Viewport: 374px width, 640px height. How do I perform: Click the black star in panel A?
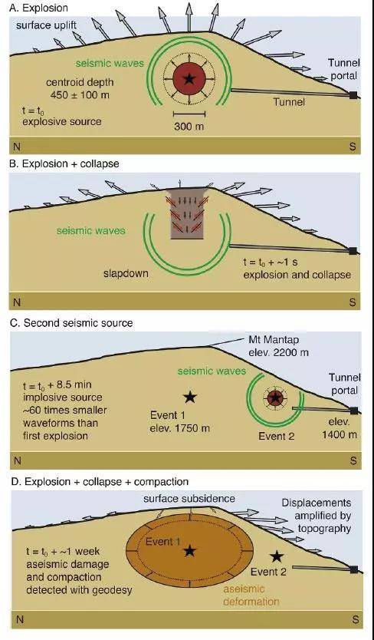189,79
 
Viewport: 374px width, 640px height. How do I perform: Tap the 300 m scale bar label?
189,127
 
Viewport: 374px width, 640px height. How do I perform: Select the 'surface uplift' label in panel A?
46,26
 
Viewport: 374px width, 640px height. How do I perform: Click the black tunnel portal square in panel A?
353,95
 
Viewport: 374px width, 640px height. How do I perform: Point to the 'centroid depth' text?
80,82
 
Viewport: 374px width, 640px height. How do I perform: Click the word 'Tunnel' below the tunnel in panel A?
289,101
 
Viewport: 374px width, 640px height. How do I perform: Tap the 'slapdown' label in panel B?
126,273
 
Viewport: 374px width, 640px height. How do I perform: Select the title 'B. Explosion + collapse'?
65,163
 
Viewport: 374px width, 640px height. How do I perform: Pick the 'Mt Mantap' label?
270,340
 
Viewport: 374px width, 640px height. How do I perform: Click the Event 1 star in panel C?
189,397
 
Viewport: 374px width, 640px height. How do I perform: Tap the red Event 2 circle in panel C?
275,397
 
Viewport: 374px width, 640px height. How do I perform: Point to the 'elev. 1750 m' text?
179,428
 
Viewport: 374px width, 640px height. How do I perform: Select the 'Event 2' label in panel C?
276,436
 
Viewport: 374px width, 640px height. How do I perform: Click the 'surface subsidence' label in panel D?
189,498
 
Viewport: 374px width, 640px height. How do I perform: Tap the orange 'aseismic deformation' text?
251,595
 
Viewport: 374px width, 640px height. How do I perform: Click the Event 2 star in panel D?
277,556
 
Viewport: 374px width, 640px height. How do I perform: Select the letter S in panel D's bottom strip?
356,619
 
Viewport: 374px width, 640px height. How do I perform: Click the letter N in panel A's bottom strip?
17,146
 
